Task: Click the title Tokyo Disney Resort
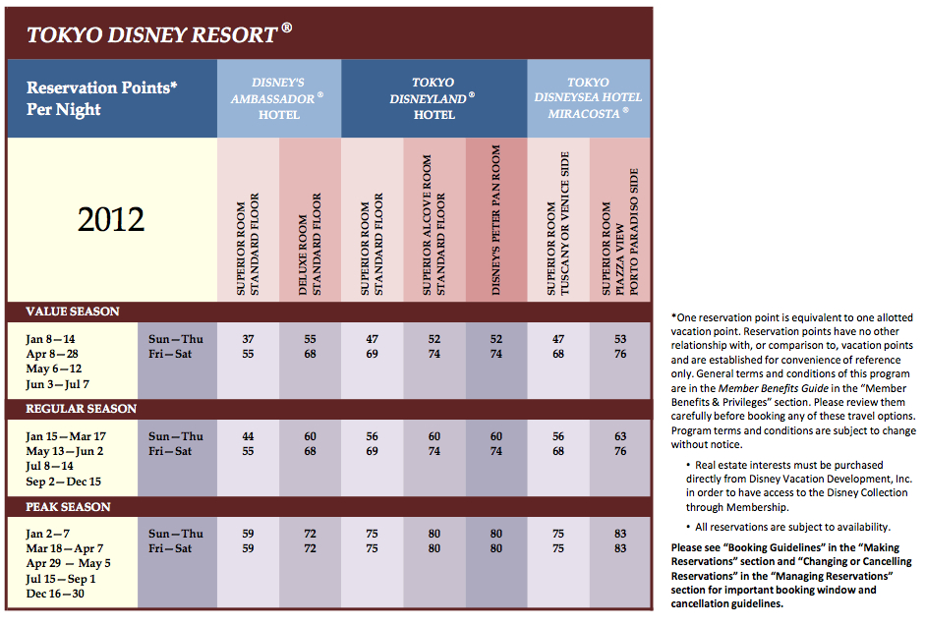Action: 158,34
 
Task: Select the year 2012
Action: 111,219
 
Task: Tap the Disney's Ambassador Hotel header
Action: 278,98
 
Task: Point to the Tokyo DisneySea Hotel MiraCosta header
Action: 588,98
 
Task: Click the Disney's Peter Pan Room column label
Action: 495,220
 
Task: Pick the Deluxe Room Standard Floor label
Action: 310,244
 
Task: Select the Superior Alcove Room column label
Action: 434,225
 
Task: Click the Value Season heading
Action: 73,312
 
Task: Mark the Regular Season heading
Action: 81,409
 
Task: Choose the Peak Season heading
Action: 68,506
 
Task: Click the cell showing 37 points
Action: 248,339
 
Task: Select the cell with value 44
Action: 248,436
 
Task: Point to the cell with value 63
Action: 620,436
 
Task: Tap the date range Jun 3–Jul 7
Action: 58,384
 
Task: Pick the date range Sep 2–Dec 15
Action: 64,482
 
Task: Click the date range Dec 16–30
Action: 55,594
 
